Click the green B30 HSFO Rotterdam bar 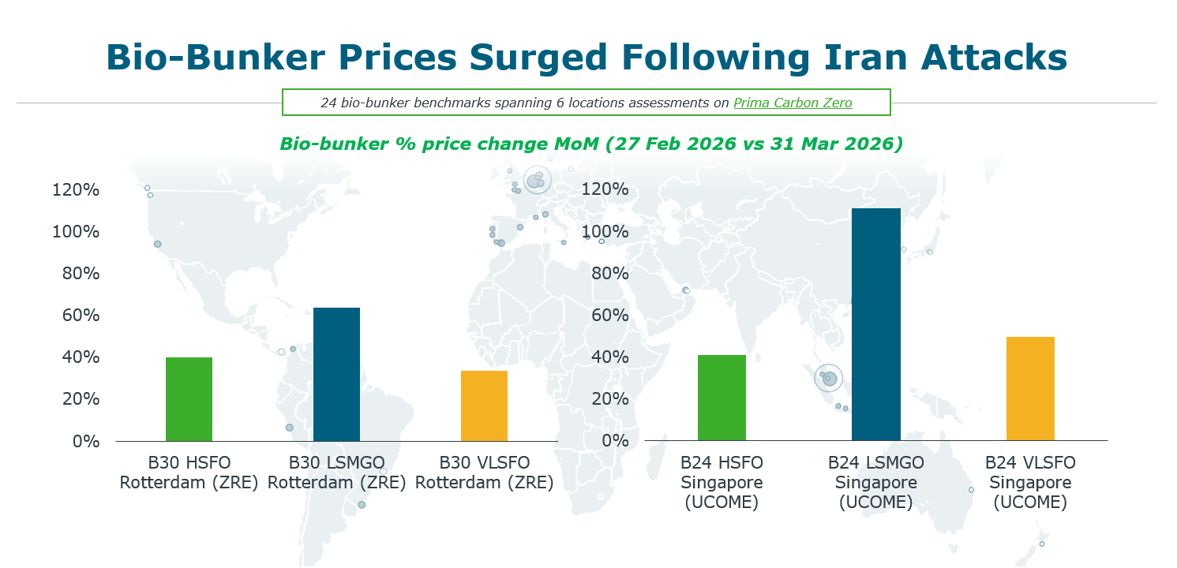tap(189, 398)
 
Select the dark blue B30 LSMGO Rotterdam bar tap(336, 374)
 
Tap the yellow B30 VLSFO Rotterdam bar tap(484, 405)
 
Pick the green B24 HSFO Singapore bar tap(722, 398)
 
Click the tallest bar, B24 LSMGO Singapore tap(875, 323)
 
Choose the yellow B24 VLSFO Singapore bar tap(1030, 388)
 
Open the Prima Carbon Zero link tap(793, 103)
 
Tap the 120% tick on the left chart tap(76, 190)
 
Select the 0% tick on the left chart tap(86, 441)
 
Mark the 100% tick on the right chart tap(605, 232)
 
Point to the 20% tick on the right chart tap(610, 399)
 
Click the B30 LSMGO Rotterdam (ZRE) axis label tap(336, 472)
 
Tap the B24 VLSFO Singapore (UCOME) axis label tap(1030, 482)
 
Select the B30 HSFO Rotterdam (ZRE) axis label tap(189, 472)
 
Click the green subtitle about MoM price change tap(591, 145)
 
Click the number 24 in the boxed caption tap(328, 103)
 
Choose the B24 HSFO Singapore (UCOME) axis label tap(722, 482)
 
